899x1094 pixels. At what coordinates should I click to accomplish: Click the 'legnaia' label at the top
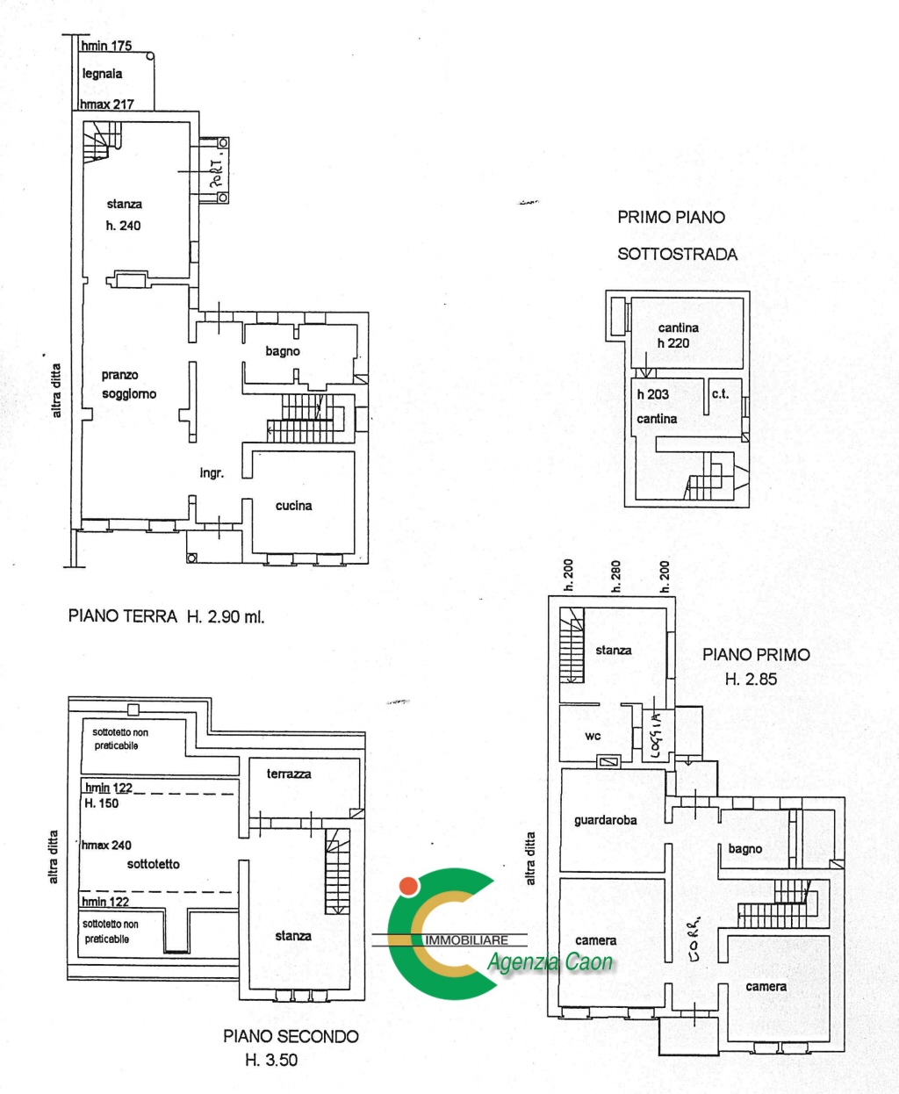coord(102,74)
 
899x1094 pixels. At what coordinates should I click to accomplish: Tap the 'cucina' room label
coord(293,506)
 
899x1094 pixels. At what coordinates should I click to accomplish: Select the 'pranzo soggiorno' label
coord(128,385)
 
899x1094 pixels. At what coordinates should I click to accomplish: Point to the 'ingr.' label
coord(212,473)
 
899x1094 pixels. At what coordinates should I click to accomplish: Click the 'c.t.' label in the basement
coord(720,394)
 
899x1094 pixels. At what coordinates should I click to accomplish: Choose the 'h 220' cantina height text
coord(673,343)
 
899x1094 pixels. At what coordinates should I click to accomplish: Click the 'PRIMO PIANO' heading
coord(671,217)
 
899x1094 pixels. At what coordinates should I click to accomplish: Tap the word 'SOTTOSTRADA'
coord(677,255)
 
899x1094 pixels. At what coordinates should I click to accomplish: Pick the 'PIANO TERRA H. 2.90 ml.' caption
coord(166,616)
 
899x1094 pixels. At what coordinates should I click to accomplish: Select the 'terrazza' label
coord(289,774)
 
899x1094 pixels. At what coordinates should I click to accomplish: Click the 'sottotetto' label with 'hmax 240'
coord(153,864)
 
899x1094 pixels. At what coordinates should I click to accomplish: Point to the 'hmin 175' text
coord(106,46)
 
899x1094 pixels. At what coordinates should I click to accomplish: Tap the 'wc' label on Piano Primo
coord(593,736)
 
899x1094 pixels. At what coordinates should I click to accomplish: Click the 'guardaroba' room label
coord(605,820)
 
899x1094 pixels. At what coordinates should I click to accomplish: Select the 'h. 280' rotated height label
coord(615,576)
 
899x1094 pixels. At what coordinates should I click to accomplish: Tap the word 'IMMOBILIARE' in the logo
coord(466,940)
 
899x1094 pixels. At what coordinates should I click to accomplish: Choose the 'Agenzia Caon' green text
coord(550,962)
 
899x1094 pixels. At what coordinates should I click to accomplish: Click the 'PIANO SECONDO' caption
coord(291,1036)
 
